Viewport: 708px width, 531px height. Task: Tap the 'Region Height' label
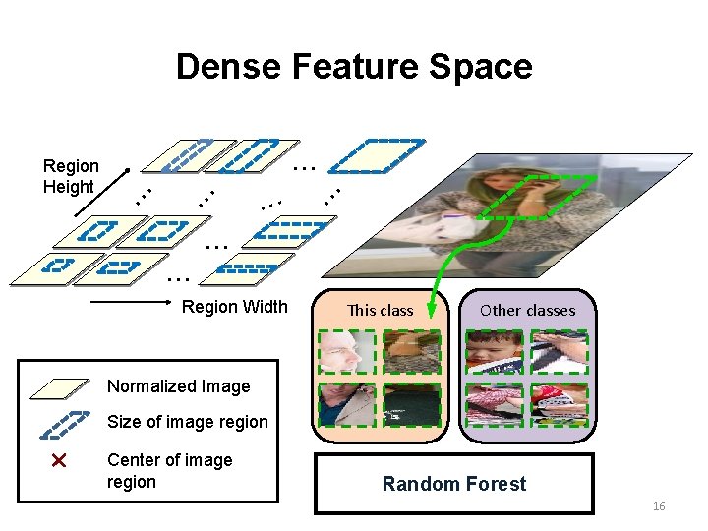[x=70, y=176]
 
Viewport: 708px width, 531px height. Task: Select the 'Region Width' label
[x=235, y=307]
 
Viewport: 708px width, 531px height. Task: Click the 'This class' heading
[x=382, y=311]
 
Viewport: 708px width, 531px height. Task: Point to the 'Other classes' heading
[x=527, y=311]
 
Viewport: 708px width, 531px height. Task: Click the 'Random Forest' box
[x=454, y=484]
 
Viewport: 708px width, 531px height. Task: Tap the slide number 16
[x=659, y=506]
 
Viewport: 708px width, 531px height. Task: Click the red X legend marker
[x=58, y=460]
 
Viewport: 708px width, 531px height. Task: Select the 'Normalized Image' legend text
[x=178, y=386]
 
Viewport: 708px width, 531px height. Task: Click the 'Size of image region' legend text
[x=187, y=422]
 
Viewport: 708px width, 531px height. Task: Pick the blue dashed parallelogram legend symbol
[x=63, y=423]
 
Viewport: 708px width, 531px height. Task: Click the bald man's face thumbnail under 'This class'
[x=347, y=351]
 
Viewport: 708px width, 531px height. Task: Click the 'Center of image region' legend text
[x=170, y=471]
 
